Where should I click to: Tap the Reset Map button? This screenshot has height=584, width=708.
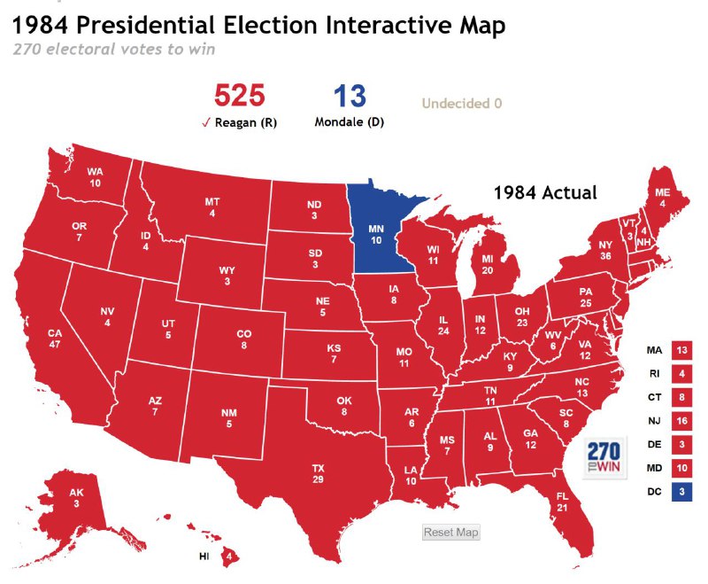point(450,532)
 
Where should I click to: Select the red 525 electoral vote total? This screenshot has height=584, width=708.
point(239,95)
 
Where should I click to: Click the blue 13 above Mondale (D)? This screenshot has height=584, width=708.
point(349,95)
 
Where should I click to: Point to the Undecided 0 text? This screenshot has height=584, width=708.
point(462,104)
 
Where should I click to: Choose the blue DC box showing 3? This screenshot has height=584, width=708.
point(681,490)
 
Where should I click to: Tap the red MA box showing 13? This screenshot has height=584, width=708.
point(681,351)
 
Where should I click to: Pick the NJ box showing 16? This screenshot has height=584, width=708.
point(681,420)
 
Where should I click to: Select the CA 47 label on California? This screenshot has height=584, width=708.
point(55,338)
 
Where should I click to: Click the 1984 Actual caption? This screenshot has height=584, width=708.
point(545,192)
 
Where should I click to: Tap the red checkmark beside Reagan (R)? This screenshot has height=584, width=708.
point(205,123)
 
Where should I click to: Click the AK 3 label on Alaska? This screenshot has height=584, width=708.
point(76,498)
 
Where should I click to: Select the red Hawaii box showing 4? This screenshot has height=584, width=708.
point(229,556)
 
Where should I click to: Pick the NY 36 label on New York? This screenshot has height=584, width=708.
point(605,250)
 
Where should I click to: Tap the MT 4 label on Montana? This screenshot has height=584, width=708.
point(212,207)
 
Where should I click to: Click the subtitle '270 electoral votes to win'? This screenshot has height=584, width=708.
point(114,49)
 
